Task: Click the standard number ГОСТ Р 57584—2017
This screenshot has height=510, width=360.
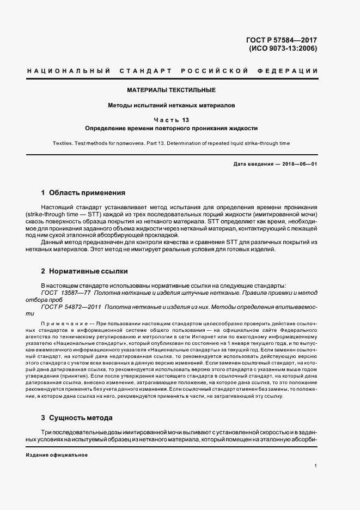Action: pyautogui.click(x=282, y=40)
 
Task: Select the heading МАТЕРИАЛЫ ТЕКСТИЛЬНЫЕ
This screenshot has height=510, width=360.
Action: pyautogui.click(x=172, y=89)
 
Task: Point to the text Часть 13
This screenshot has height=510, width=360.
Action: pyautogui.click(x=172, y=120)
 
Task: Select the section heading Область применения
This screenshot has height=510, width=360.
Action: pyautogui.click(x=87, y=192)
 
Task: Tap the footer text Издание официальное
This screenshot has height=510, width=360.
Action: pyautogui.click(x=57, y=454)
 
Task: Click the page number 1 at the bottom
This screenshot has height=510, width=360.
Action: pyautogui.click(x=316, y=465)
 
